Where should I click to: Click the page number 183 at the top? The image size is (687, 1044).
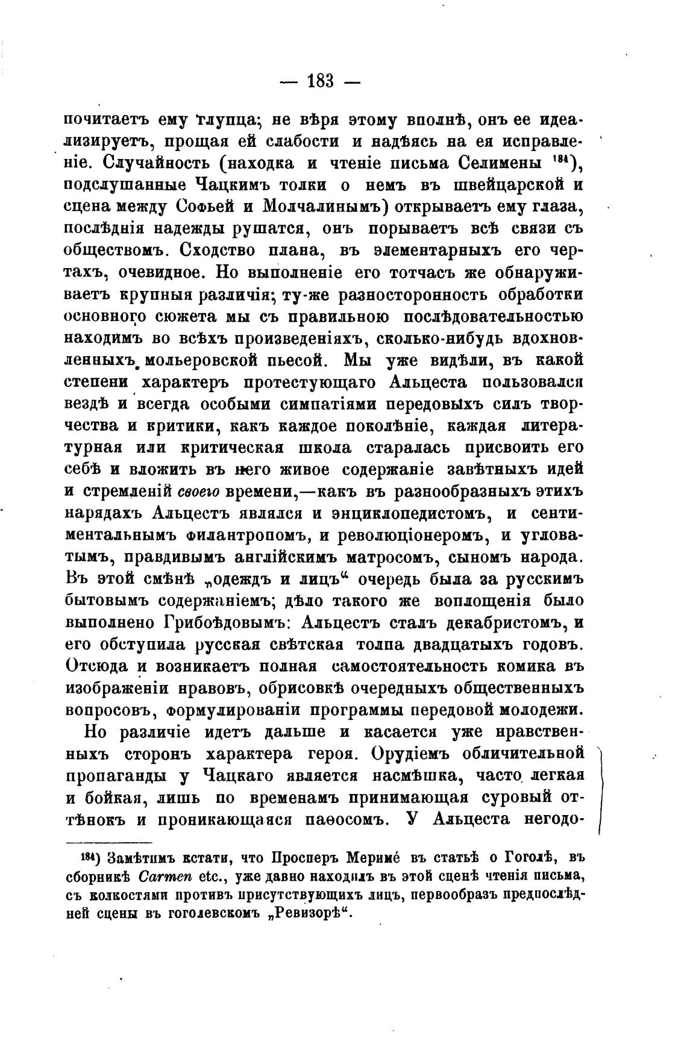320,80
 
